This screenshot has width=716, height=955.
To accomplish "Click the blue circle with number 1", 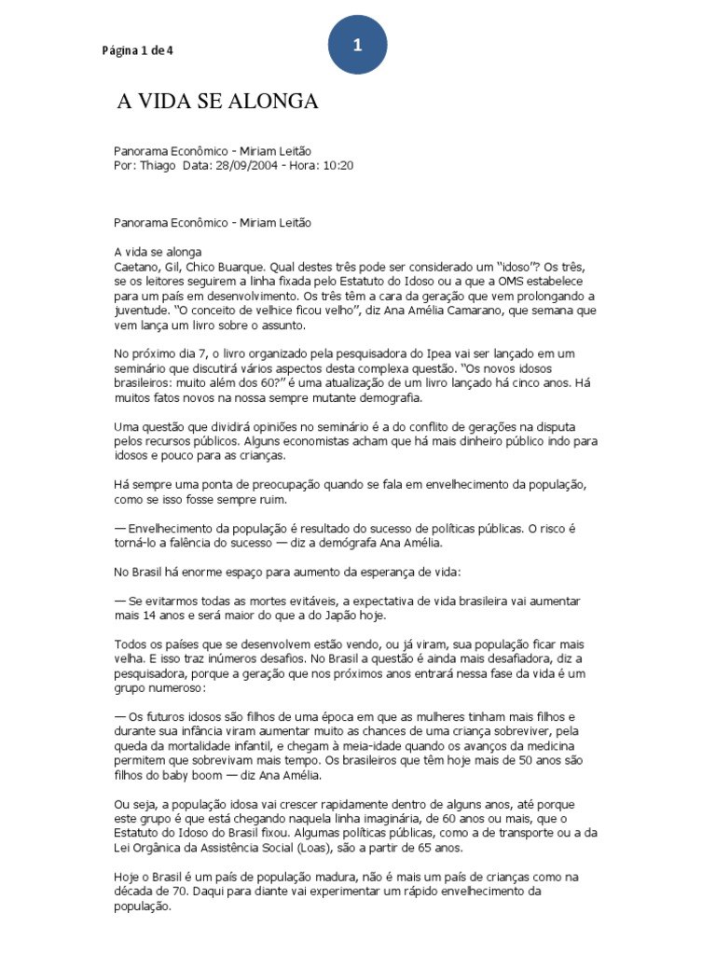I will pyautogui.click(x=357, y=46).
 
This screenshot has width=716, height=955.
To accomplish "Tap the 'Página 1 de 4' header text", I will pyautogui.click(x=138, y=50).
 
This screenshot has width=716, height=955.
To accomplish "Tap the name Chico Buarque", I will pyautogui.click(x=220, y=267).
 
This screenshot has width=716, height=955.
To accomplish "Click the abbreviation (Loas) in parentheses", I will pyautogui.click(x=346, y=849).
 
